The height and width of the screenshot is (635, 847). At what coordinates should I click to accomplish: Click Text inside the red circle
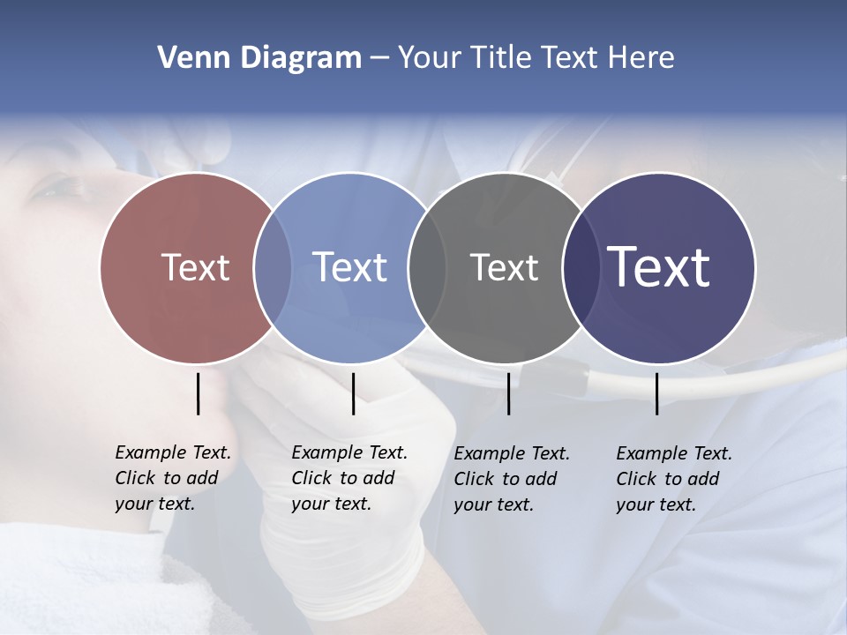tap(195, 267)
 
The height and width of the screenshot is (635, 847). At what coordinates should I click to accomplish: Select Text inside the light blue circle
tap(349, 267)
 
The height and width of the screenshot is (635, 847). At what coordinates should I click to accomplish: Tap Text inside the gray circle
tap(504, 267)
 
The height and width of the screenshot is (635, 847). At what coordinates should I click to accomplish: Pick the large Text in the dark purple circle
tap(659, 267)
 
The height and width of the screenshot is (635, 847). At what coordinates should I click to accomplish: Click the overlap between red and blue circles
tap(273, 267)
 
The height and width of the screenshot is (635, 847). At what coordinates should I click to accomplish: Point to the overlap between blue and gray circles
tap(427, 267)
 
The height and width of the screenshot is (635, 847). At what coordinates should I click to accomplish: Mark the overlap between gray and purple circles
tap(581, 267)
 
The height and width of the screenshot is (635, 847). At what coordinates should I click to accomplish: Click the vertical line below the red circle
tap(198, 393)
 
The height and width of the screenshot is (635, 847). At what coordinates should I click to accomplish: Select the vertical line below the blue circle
tap(353, 393)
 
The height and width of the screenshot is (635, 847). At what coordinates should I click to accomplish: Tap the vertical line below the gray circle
tap(508, 393)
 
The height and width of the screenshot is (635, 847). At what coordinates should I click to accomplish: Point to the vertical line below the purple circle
tap(657, 393)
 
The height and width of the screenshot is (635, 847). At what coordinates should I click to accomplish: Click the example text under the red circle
tap(173, 478)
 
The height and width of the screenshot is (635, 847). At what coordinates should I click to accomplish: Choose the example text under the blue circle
tap(349, 478)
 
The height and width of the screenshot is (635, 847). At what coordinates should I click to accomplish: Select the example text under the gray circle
tap(512, 479)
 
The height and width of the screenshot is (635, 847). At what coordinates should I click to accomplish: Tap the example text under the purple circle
tap(674, 479)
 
